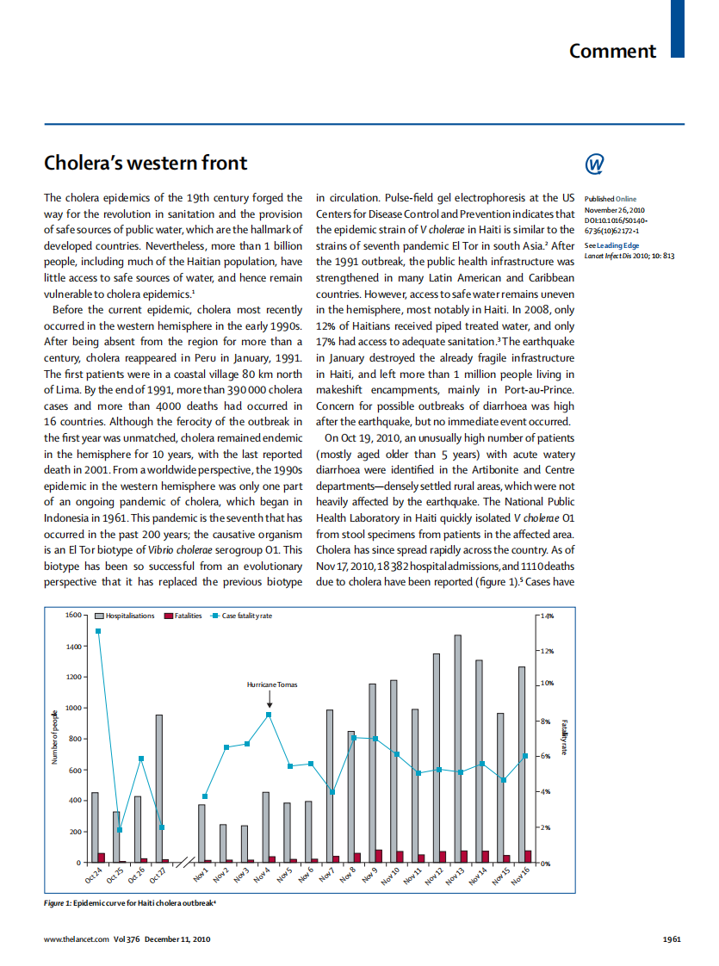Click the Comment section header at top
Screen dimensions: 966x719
(612, 51)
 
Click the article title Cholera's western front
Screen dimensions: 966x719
(146, 163)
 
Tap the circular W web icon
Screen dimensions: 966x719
(594, 164)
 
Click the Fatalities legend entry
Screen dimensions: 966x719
(183, 616)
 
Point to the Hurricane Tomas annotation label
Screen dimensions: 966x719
(271, 684)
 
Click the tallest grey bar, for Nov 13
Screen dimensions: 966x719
(458, 748)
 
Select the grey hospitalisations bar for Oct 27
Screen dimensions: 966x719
(159, 788)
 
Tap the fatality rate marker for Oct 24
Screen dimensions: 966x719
(97, 631)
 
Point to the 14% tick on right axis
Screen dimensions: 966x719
(546, 616)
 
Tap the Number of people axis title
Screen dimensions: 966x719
(54, 738)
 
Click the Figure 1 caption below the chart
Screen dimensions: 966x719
(129, 902)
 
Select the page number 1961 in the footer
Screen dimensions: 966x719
(672, 939)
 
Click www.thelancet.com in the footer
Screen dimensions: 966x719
(77, 939)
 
